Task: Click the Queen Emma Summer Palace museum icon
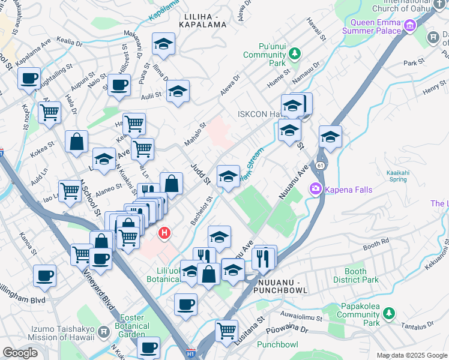point(411,26)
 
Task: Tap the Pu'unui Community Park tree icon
point(294,55)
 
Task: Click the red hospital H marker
point(163,232)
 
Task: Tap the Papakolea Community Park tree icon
point(390,313)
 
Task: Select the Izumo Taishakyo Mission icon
point(105,331)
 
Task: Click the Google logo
point(20,353)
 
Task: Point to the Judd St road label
point(198,174)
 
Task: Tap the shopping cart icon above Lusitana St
point(226,330)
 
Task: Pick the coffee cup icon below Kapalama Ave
point(28,79)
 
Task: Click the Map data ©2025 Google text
point(411,355)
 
